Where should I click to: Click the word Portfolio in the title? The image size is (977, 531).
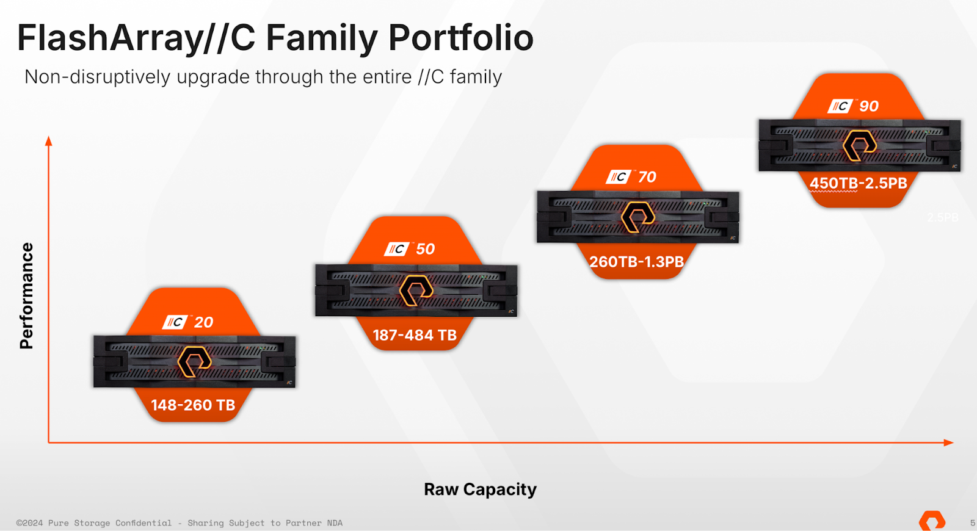(x=461, y=38)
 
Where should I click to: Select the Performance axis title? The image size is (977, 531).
(x=26, y=295)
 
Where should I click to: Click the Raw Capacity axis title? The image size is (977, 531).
(x=480, y=489)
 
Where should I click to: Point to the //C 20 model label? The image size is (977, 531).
(x=188, y=322)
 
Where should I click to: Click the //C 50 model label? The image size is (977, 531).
(x=410, y=249)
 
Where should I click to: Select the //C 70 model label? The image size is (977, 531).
(x=631, y=177)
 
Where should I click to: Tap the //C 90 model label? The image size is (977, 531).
(x=854, y=106)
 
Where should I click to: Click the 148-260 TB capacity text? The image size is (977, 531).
(x=193, y=405)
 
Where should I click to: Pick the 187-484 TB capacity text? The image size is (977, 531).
(x=415, y=335)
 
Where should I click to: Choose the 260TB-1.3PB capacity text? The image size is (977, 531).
(x=636, y=262)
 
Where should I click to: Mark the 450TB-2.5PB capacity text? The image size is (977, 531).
(x=858, y=183)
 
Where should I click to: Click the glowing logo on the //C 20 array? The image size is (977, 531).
(x=194, y=361)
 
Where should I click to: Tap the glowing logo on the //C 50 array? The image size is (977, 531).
(x=416, y=290)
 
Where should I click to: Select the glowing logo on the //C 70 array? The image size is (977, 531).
(x=637, y=217)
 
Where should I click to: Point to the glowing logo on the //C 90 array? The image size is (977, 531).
(x=859, y=145)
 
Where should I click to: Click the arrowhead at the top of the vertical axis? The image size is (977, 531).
(x=49, y=141)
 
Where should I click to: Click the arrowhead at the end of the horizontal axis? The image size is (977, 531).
(x=948, y=442)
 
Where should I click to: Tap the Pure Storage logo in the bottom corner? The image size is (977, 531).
(x=932, y=521)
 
